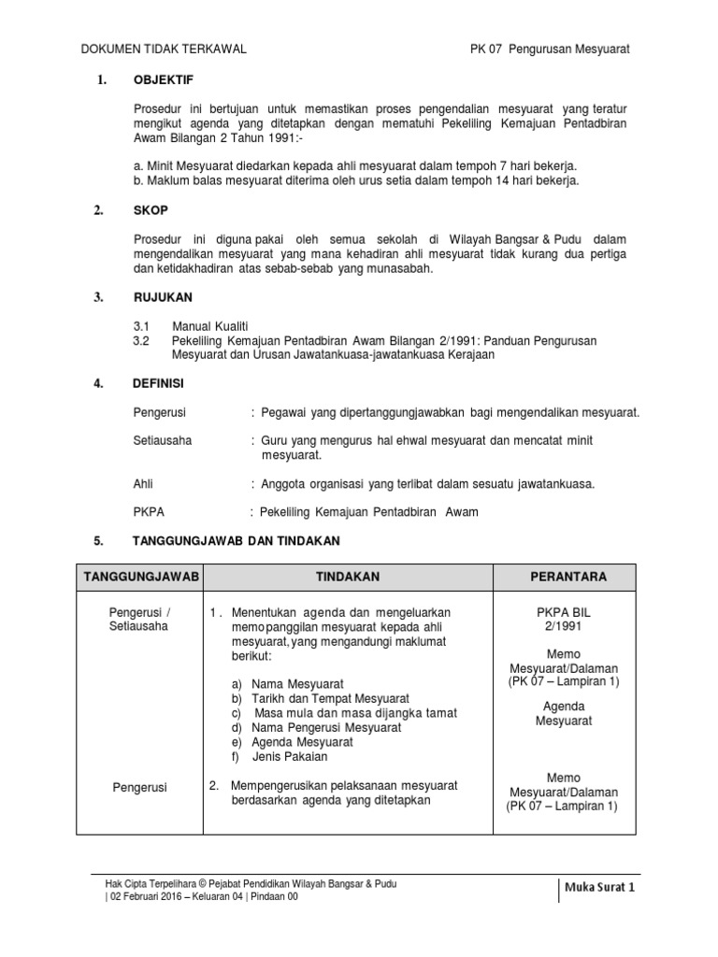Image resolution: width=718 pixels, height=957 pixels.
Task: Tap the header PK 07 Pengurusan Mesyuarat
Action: point(550,50)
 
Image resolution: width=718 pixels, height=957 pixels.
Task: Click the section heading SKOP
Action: point(151,211)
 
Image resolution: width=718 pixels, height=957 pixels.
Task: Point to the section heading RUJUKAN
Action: point(163,297)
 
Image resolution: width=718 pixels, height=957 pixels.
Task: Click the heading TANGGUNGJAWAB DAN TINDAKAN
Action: point(237,541)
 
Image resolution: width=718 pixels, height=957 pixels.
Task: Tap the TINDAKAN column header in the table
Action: point(347,578)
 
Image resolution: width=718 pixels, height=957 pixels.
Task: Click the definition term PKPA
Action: point(150,512)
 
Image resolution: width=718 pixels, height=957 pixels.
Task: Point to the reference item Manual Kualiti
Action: point(208,326)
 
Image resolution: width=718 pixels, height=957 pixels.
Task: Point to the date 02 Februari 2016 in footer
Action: point(148,895)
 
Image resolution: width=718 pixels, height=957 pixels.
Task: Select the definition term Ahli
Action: point(143,483)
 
